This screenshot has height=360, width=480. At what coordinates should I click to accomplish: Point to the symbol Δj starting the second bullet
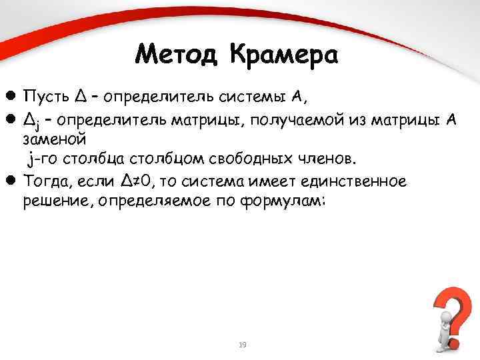[x=30, y=119]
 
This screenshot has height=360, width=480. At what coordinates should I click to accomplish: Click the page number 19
[x=242, y=345]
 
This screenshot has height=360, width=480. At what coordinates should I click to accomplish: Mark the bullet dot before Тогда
[x=11, y=181]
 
